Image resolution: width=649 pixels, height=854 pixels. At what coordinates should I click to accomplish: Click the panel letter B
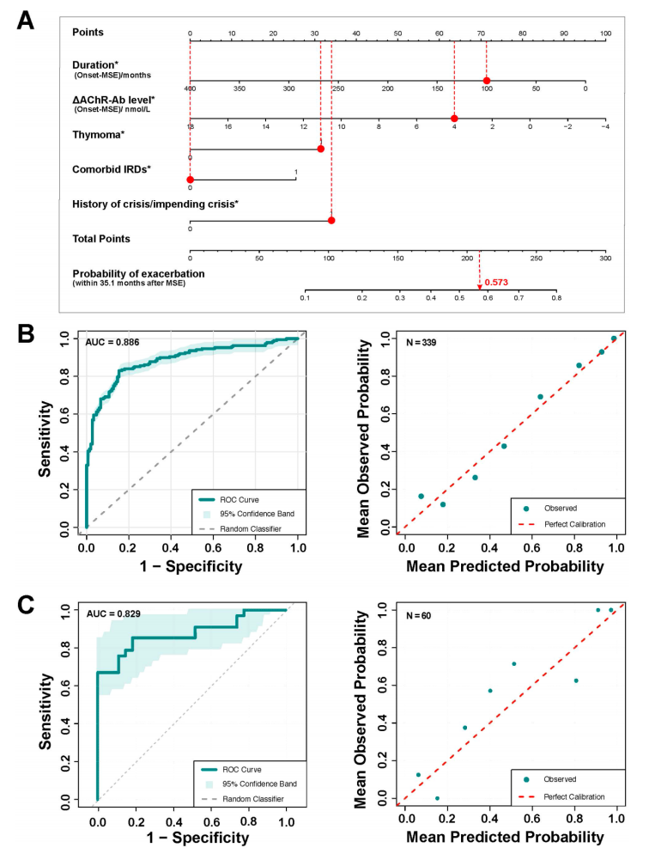(x=25, y=333)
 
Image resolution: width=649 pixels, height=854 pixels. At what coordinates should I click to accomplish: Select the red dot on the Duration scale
(x=486, y=80)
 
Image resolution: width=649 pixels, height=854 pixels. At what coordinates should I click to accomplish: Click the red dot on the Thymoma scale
(x=320, y=149)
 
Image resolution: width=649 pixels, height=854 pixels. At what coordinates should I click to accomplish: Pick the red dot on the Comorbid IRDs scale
(x=190, y=180)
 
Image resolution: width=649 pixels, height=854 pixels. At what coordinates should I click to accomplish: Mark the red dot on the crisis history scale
(x=331, y=220)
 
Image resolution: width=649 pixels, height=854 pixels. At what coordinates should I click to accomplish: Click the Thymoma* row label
(x=99, y=135)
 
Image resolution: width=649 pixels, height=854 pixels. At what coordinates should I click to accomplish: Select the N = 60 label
(x=419, y=613)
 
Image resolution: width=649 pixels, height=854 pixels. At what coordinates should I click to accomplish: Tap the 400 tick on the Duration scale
(x=190, y=88)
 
